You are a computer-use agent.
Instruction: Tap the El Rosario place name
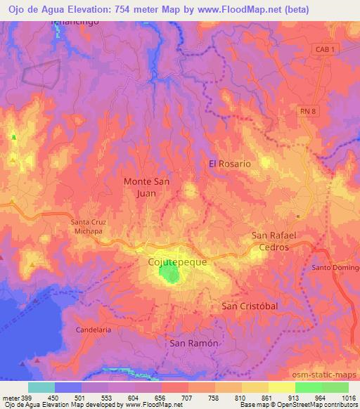(x=229, y=163)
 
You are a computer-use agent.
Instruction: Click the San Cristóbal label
(x=250, y=306)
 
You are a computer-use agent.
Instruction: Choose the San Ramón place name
(x=192, y=343)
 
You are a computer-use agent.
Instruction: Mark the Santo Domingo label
(x=336, y=267)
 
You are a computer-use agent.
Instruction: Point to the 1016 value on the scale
(x=348, y=397)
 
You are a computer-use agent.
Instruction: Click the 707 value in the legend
(x=188, y=397)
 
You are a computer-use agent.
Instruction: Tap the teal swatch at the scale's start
(x=41, y=387)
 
